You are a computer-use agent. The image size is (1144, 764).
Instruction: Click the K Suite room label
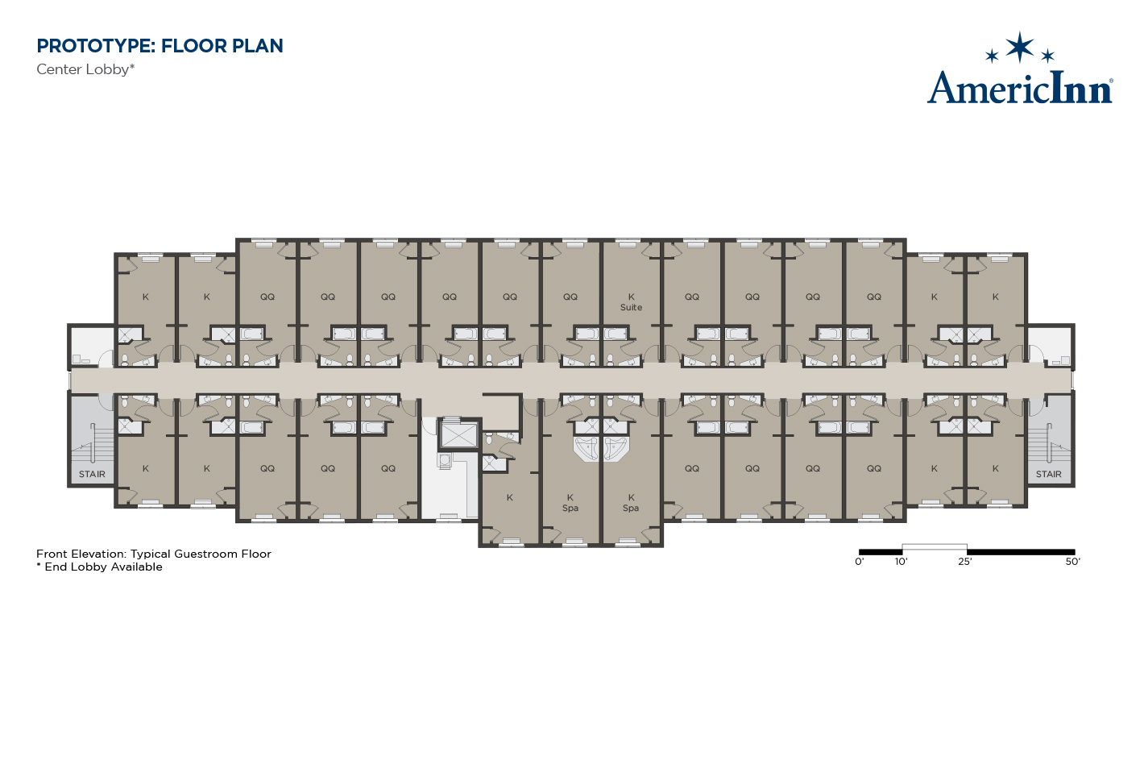click(631, 302)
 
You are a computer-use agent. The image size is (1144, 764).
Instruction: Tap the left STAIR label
click(92, 474)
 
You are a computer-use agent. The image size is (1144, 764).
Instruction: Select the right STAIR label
click(1048, 474)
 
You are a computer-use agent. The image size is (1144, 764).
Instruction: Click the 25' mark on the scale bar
click(965, 562)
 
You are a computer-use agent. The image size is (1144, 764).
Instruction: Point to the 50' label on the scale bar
click(1072, 562)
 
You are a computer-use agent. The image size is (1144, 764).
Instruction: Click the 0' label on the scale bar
click(860, 562)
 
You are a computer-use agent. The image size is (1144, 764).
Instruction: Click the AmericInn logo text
click(1020, 88)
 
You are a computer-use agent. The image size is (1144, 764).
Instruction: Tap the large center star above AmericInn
click(1020, 47)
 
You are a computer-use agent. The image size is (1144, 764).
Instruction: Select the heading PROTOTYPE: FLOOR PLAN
click(160, 46)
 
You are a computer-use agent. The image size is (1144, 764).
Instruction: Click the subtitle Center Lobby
click(85, 69)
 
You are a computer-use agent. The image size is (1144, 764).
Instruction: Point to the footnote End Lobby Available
click(100, 567)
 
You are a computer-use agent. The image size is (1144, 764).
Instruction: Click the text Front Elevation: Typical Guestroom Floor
click(153, 554)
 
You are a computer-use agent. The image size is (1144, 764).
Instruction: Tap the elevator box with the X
click(459, 435)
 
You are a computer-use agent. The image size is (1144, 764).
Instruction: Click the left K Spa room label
click(570, 503)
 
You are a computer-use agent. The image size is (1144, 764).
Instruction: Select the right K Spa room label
click(631, 503)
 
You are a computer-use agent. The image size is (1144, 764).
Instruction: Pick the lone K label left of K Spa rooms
click(510, 497)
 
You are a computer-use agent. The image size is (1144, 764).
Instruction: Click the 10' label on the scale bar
click(901, 562)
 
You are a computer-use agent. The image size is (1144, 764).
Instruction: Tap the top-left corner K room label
click(146, 297)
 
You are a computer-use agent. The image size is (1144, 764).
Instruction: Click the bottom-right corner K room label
click(995, 468)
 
